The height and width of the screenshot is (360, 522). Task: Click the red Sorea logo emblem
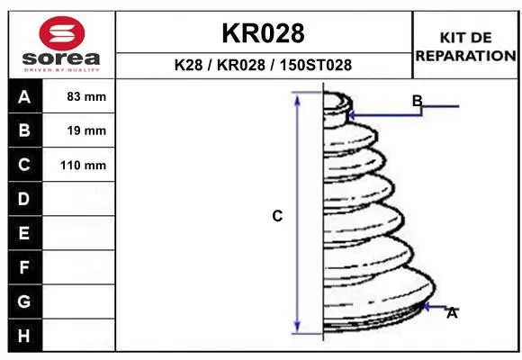[62, 33]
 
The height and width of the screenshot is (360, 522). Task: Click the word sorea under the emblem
[61, 58]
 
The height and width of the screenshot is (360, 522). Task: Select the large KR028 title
[263, 33]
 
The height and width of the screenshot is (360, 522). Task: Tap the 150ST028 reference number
[316, 65]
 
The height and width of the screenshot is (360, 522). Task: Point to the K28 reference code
[188, 65]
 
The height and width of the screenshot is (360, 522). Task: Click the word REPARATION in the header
[465, 56]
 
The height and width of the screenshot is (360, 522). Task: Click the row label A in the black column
[24, 97]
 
